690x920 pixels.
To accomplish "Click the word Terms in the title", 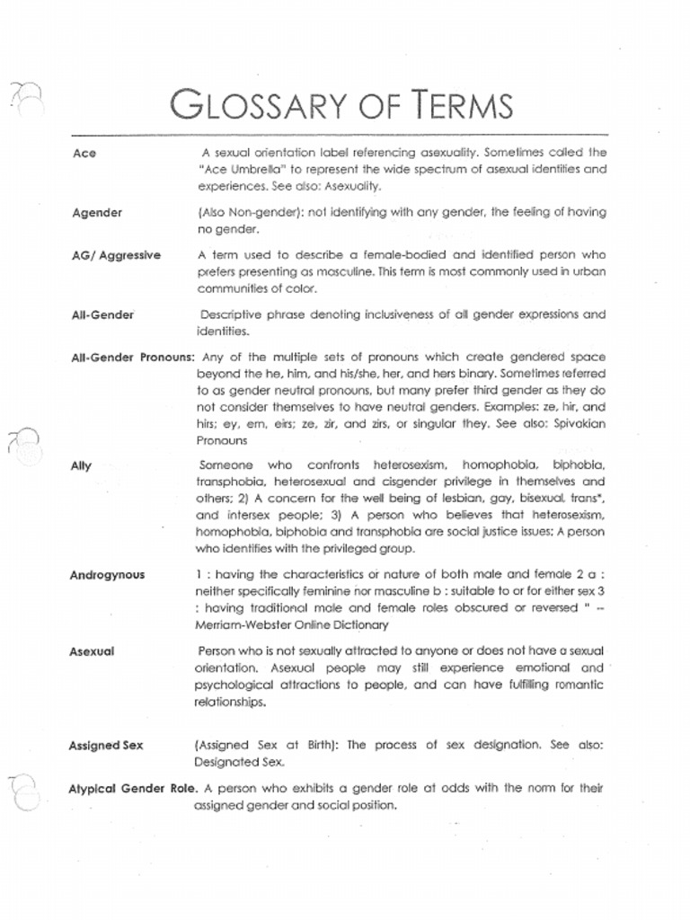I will [458, 106].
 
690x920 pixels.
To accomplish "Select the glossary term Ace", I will [83, 154].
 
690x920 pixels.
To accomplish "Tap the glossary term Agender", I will [97, 214].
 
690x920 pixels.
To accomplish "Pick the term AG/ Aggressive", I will [116, 256].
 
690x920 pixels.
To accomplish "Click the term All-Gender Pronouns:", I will [132, 357].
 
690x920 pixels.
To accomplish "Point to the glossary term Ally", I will [81, 466].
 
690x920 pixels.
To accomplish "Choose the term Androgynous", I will [107, 576].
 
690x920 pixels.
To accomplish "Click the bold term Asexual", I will [92, 651].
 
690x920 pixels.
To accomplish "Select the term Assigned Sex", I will [106, 746].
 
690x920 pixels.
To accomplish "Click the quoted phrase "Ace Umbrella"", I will [239, 170].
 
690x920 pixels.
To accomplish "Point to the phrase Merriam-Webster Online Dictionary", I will [292, 625].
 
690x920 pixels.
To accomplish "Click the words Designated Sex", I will [239, 763].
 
